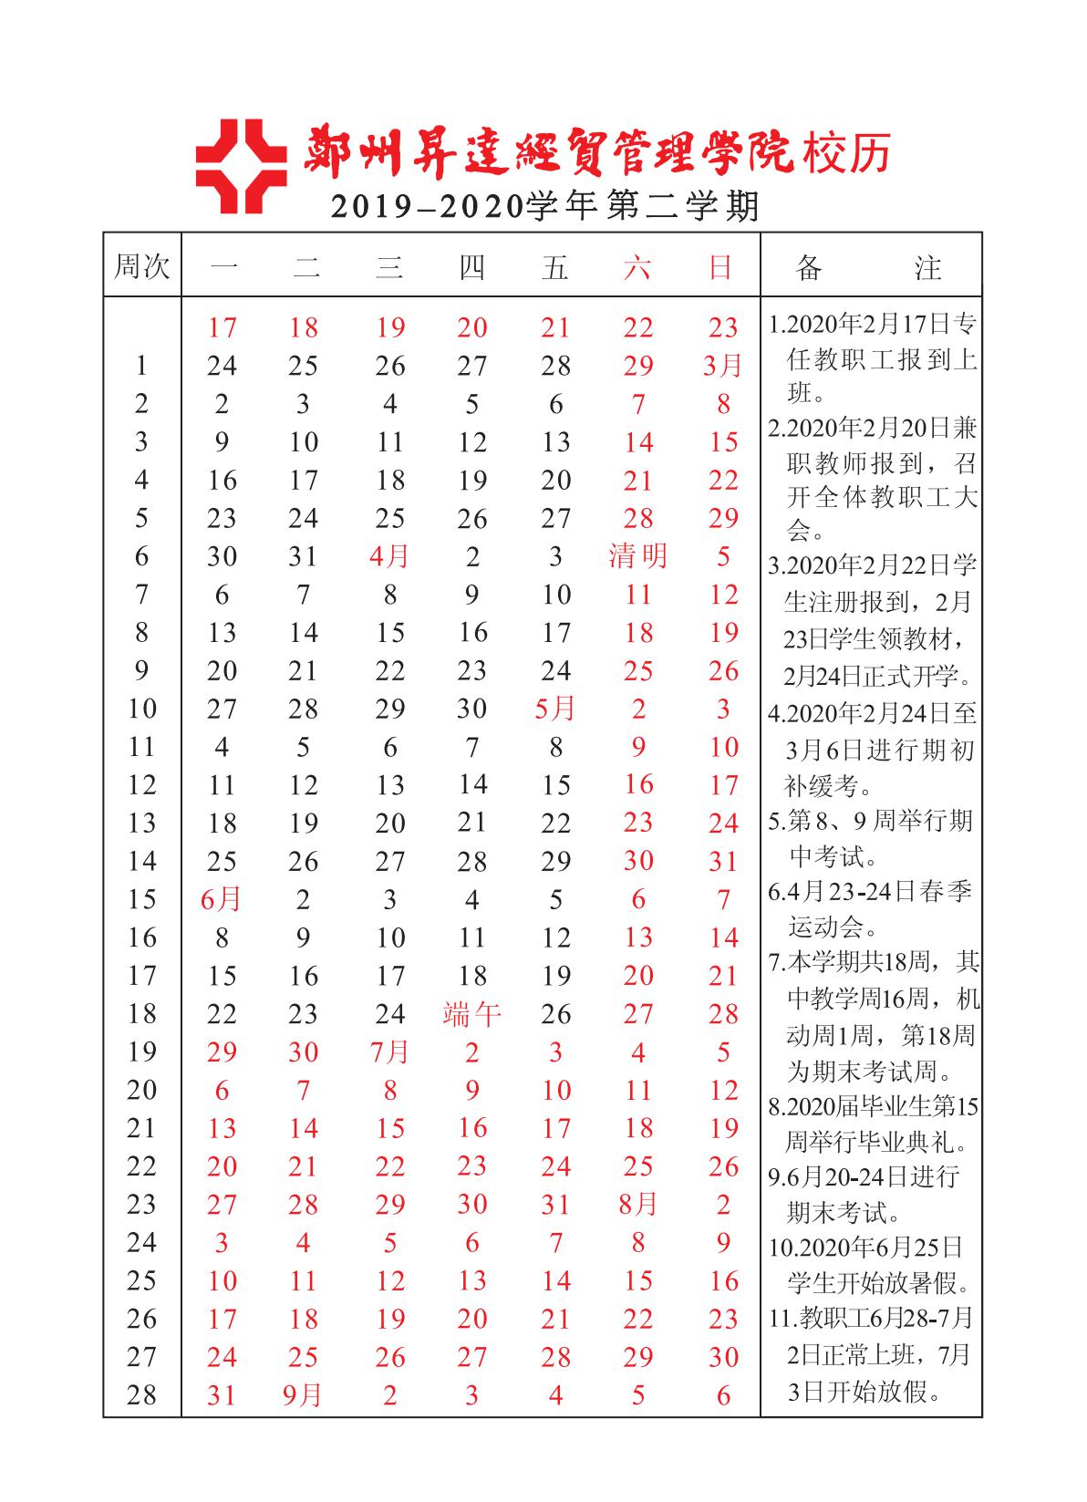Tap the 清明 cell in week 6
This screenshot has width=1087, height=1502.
pyautogui.click(x=637, y=556)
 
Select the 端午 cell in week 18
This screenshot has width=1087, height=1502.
pyautogui.click(x=471, y=1014)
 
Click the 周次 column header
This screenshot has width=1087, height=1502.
pyautogui.click(x=141, y=267)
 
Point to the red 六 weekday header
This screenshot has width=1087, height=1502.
pyautogui.click(x=637, y=267)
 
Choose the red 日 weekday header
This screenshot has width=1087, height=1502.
pyautogui.click(x=721, y=267)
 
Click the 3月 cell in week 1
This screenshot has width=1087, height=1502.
pyautogui.click(x=723, y=367)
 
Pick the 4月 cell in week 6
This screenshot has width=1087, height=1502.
pyautogui.click(x=389, y=556)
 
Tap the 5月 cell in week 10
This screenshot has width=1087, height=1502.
pyautogui.click(x=555, y=709)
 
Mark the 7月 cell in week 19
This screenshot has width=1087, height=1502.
pyautogui.click(x=389, y=1052)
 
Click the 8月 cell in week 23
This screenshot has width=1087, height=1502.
pyautogui.click(x=637, y=1205)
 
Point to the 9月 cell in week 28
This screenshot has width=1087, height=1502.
pyautogui.click(x=303, y=1395)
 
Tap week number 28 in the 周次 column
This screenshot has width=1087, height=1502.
pyautogui.click(x=141, y=1395)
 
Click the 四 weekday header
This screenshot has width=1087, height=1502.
pyautogui.click(x=471, y=267)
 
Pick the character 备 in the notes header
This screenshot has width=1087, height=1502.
pyautogui.click(x=808, y=267)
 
